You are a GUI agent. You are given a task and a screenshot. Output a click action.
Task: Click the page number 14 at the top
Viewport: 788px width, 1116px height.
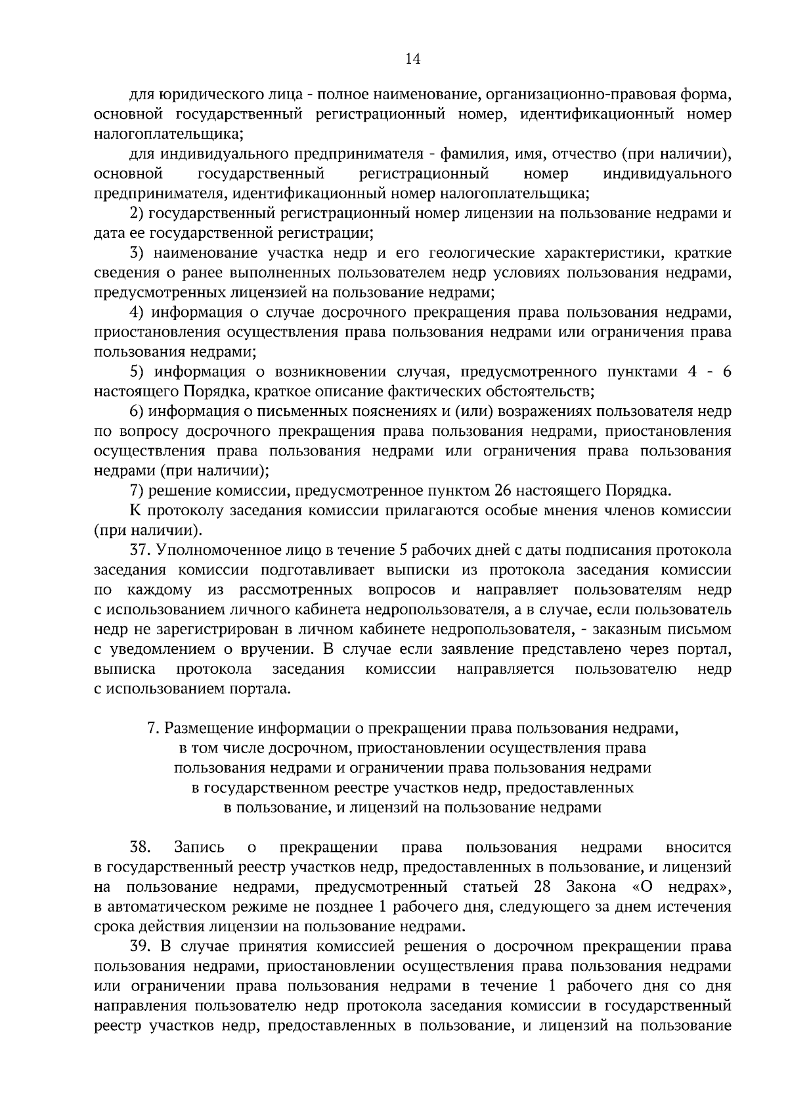412,60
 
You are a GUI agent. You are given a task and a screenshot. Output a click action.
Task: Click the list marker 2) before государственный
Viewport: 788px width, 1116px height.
137,214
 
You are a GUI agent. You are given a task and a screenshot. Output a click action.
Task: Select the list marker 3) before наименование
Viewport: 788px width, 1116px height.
137,253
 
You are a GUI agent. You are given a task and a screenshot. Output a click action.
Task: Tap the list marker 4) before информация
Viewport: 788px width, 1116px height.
137,312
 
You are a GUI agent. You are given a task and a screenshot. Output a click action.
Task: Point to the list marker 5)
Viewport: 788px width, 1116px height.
137,372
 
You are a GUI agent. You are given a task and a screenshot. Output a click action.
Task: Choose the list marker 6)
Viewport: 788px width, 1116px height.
137,411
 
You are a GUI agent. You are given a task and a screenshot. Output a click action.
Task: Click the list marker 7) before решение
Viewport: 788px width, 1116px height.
137,490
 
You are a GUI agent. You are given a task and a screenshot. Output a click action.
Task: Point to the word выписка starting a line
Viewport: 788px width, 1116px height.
125,669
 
